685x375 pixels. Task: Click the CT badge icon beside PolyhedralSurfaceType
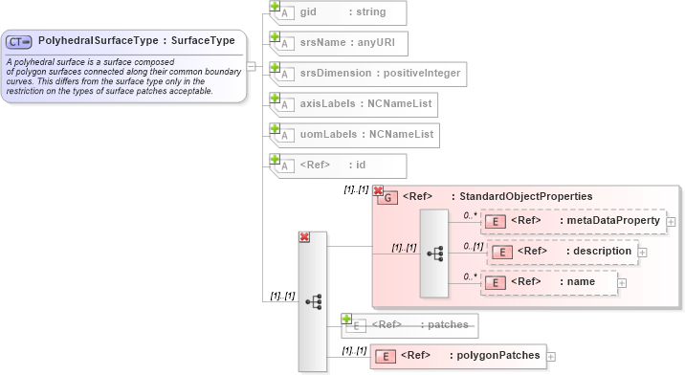[19, 42]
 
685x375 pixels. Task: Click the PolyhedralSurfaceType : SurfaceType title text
[136, 41]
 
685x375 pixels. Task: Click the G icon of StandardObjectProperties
[387, 197]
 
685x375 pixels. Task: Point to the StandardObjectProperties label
[521, 196]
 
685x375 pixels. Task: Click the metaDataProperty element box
[572, 221]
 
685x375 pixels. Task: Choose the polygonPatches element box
[458, 356]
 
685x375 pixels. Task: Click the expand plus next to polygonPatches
[551, 357]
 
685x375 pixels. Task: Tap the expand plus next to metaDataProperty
[671, 222]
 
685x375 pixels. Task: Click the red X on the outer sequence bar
[304, 237]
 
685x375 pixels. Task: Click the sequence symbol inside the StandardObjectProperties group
[434, 253]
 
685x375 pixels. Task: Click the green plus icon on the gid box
[275, 6]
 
